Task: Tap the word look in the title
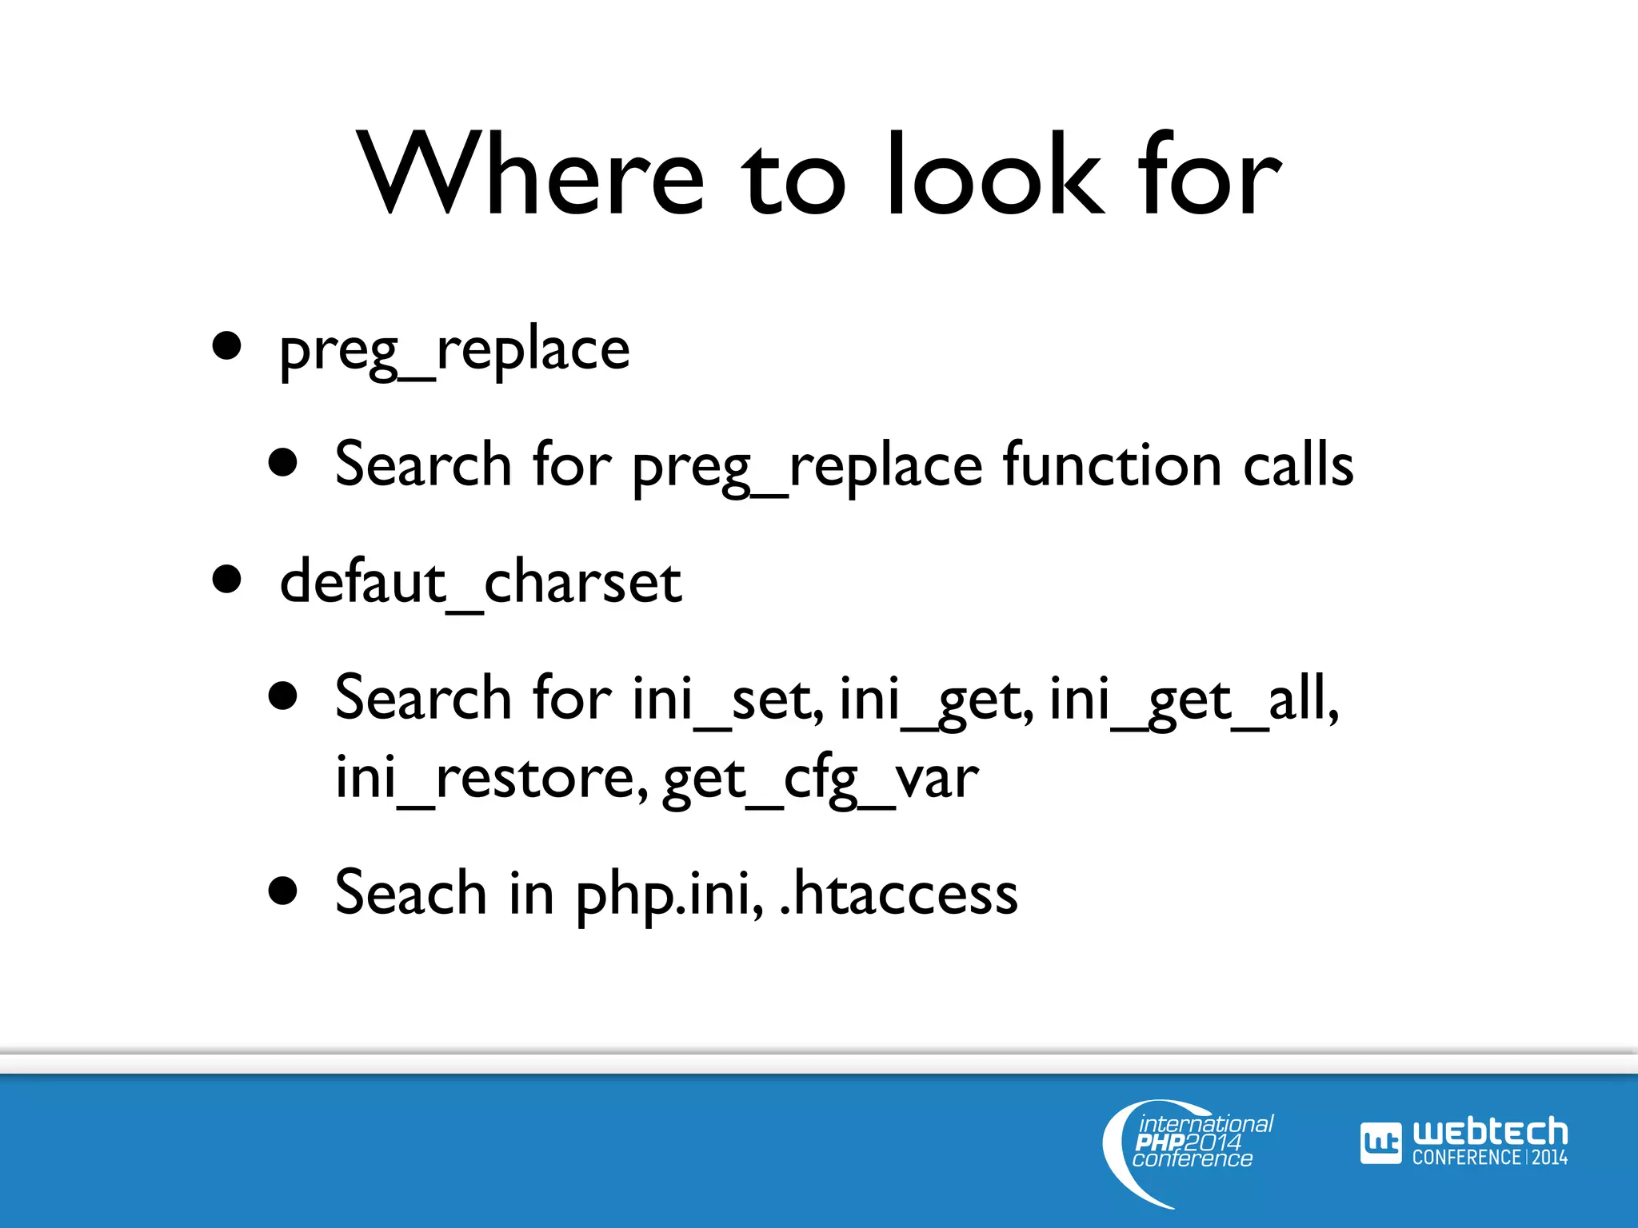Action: [995, 174]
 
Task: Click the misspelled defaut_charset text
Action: [481, 582]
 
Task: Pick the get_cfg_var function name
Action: [821, 777]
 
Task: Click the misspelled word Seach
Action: [410, 892]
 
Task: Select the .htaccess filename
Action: [898, 892]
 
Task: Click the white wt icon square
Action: [1380, 1143]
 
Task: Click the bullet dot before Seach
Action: [283, 890]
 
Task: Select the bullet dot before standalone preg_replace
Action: [227, 346]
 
